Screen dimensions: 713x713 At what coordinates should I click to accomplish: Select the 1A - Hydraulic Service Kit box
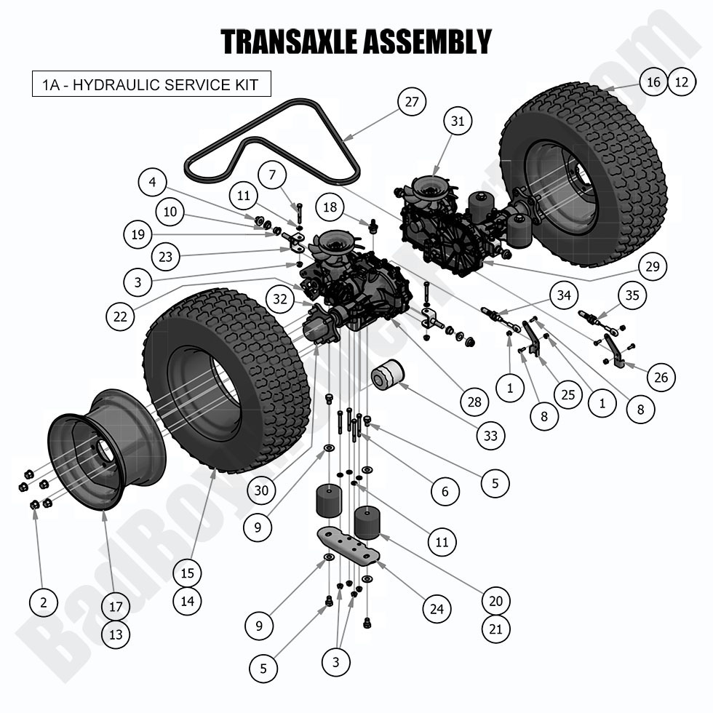click(x=151, y=84)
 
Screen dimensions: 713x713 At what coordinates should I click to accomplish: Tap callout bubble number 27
click(x=411, y=102)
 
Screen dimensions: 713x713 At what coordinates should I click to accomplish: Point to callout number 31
click(x=457, y=122)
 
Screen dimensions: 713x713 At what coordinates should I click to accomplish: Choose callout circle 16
click(x=654, y=82)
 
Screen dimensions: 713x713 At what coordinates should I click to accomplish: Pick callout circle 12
click(x=681, y=82)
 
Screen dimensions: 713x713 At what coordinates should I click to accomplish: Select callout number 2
click(x=44, y=602)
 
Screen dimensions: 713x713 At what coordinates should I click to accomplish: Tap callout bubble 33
click(x=491, y=436)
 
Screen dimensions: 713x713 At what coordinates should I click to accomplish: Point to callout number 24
click(x=436, y=608)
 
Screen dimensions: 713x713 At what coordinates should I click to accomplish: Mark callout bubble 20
click(x=495, y=601)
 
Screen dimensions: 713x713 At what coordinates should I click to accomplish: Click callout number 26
click(x=661, y=377)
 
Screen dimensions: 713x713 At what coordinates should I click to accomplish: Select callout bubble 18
click(x=330, y=207)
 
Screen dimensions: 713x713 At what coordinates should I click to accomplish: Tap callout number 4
click(x=154, y=182)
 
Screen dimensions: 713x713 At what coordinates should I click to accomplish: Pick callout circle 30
click(x=261, y=490)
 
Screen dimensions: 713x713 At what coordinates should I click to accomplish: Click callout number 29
click(x=653, y=267)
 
